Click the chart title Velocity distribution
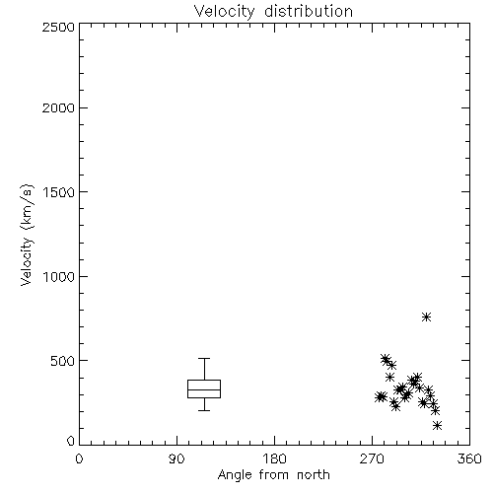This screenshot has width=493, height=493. click(x=273, y=11)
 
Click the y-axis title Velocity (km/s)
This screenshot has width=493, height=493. click(x=27, y=235)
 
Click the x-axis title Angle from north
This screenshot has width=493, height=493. click(x=273, y=475)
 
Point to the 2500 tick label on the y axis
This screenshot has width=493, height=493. click(x=59, y=27)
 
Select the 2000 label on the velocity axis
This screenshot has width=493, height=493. click(x=59, y=107)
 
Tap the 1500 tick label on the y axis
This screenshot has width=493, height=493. click(x=59, y=192)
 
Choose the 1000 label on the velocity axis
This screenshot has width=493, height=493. click(x=59, y=276)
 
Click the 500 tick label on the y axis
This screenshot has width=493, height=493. click(x=63, y=361)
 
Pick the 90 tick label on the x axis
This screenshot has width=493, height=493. click(x=176, y=458)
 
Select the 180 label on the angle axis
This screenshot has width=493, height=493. click(x=274, y=458)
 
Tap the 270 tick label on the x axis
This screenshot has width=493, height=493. click(x=372, y=458)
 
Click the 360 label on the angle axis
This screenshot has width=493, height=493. click(x=469, y=458)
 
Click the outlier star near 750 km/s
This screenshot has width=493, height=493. click(x=426, y=317)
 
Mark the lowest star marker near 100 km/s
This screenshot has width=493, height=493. click(x=437, y=426)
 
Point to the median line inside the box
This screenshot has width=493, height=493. click(x=204, y=389)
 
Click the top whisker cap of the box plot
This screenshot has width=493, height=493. click(x=204, y=358)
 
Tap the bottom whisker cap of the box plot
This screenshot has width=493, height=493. click(x=204, y=410)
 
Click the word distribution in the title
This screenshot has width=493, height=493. click(x=309, y=11)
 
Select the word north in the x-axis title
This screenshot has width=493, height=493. click(x=314, y=475)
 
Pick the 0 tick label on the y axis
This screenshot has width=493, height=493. click(x=71, y=441)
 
